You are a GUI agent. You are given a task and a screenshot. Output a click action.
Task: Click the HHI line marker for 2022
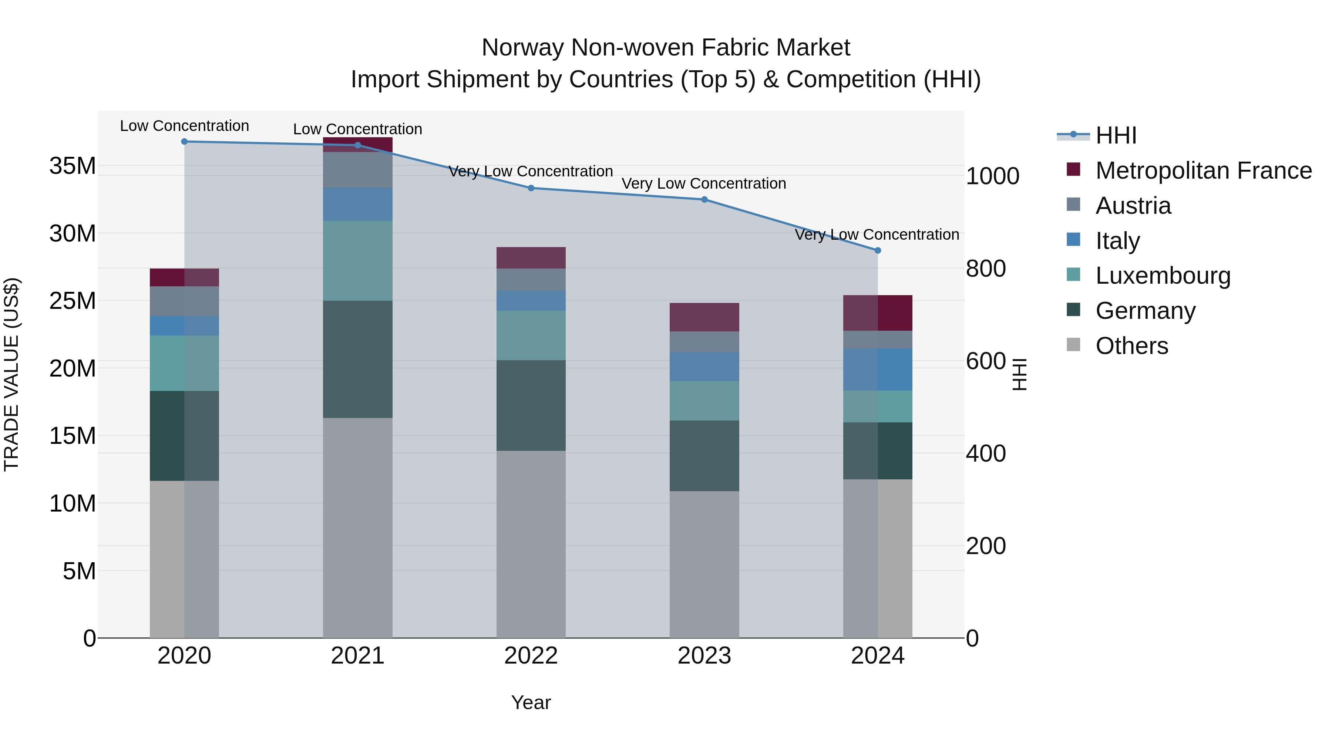tap(531, 188)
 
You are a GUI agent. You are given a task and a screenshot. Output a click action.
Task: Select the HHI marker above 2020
tap(185, 142)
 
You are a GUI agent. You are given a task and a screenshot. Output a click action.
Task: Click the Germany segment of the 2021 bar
tap(357, 359)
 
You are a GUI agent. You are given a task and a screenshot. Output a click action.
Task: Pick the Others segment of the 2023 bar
tap(704, 564)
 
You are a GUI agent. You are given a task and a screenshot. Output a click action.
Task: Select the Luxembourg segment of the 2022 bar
tap(531, 335)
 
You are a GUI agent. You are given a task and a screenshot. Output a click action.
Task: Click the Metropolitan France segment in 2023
tap(704, 317)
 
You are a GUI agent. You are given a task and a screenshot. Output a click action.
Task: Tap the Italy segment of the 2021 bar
tap(357, 204)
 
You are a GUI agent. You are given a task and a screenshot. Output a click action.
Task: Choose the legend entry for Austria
tap(1133, 206)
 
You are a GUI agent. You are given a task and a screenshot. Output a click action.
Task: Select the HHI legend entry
tap(1115, 135)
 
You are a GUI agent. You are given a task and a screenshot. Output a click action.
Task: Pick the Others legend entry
tap(1131, 346)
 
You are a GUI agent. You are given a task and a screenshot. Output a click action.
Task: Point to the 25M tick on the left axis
tap(73, 301)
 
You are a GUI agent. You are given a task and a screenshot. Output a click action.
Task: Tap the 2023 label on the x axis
tap(704, 656)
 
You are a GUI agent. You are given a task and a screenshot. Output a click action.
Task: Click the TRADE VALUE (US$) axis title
tap(11, 374)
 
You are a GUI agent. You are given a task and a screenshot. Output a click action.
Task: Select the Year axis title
tap(531, 702)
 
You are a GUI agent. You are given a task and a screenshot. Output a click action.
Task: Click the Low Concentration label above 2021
tap(357, 129)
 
